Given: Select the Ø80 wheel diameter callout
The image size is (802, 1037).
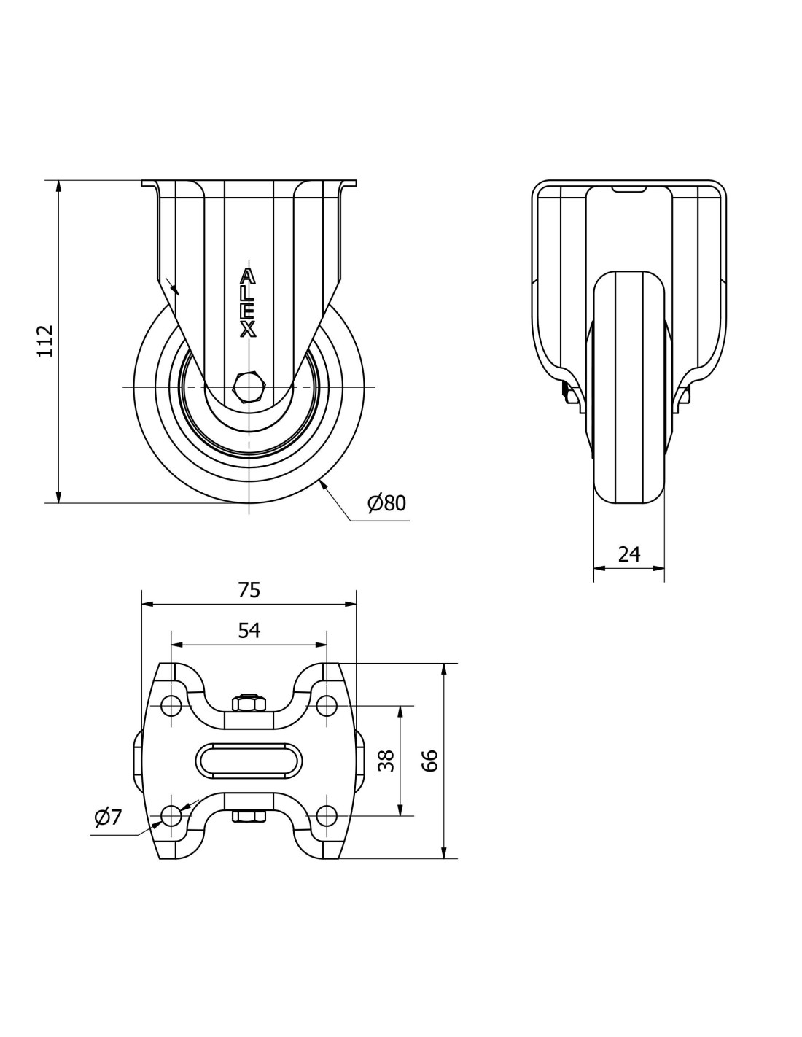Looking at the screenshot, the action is (x=386, y=503).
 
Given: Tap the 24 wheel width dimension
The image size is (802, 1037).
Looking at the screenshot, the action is (x=628, y=554).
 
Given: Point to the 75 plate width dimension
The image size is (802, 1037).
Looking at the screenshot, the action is (x=249, y=590).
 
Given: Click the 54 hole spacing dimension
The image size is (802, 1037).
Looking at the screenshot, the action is (x=249, y=631).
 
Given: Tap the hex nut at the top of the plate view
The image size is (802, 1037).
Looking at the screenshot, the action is (x=248, y=704).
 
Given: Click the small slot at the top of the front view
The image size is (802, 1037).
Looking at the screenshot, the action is (x=629, y=190).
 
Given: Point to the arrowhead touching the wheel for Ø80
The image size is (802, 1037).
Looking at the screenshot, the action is (x=323, y=486).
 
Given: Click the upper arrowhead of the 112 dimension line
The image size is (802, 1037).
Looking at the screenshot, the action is (x=58, y=187).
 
